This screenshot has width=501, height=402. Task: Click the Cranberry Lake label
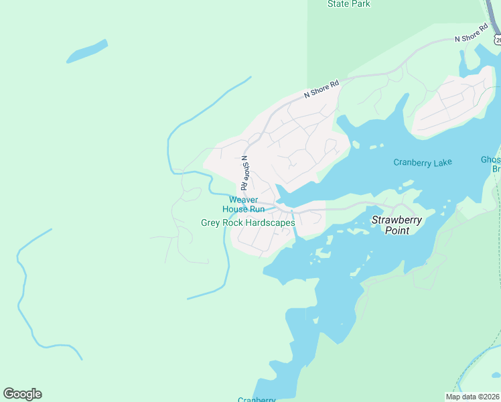point(422,162)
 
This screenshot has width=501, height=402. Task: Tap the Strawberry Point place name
point(395,224)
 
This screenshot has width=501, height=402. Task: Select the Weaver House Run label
point(243,204)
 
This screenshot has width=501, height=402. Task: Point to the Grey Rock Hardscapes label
point(248,222)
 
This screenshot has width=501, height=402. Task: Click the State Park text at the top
point(349,4)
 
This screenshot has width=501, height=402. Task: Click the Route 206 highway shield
point(498,40)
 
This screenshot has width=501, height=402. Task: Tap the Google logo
point(22,394)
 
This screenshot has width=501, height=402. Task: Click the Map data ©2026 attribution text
point(473,397)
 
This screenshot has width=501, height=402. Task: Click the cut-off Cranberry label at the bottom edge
point(257,399)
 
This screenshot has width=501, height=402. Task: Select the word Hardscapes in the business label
point(271,222)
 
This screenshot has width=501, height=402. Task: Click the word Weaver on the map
point(243,200)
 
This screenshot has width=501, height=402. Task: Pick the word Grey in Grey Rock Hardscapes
point(211,222)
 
